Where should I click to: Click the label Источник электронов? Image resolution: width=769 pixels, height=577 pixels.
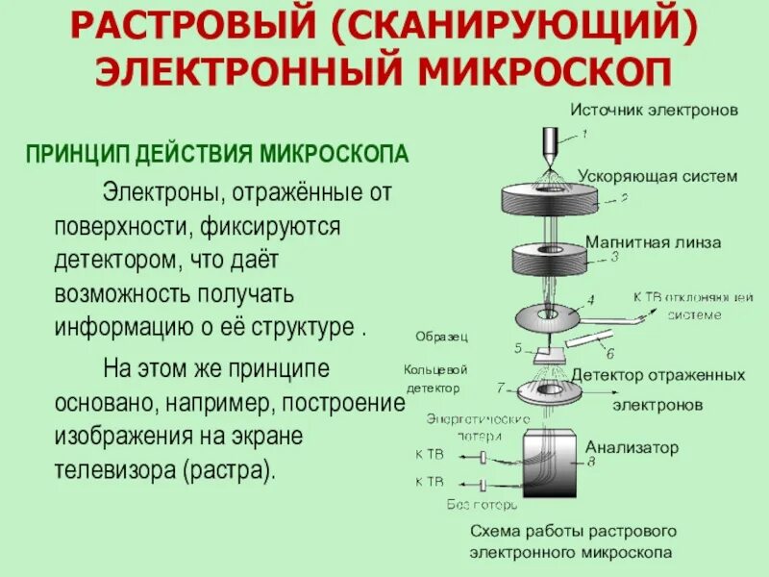coord(654,111)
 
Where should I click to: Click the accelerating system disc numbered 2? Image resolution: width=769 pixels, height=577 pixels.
coord(549,199)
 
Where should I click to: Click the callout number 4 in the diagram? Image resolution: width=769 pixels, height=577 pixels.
coord(591,300)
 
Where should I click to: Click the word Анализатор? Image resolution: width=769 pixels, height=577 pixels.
coord(632,447)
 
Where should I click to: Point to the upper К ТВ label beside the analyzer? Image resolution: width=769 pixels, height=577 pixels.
coord(430,453)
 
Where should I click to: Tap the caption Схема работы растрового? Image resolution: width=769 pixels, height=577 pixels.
coord(574,532)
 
